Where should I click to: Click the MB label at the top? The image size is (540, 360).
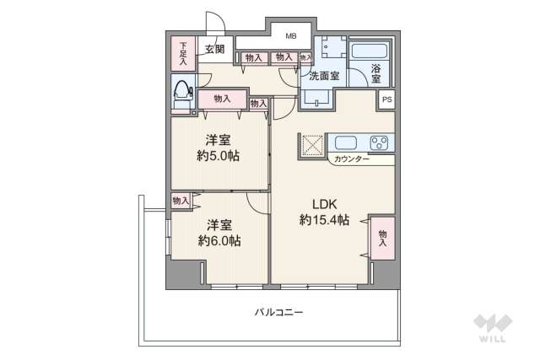[290, 36]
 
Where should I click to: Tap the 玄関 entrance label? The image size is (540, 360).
[214, 49]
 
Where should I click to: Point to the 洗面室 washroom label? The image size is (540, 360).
[323, 76]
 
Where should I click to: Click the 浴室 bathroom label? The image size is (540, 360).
[375, 73]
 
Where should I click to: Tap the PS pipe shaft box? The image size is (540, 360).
[386, 99]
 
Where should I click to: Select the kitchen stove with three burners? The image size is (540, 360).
[380, 142]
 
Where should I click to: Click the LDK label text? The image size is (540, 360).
[324, 204]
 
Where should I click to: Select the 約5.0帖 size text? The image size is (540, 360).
[219, 156]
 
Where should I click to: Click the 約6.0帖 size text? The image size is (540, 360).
[219, 241]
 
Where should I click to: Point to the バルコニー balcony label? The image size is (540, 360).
[278, 312]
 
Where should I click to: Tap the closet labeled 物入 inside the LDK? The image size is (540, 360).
[382, 239]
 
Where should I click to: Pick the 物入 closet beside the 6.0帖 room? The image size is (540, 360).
[180, 200]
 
